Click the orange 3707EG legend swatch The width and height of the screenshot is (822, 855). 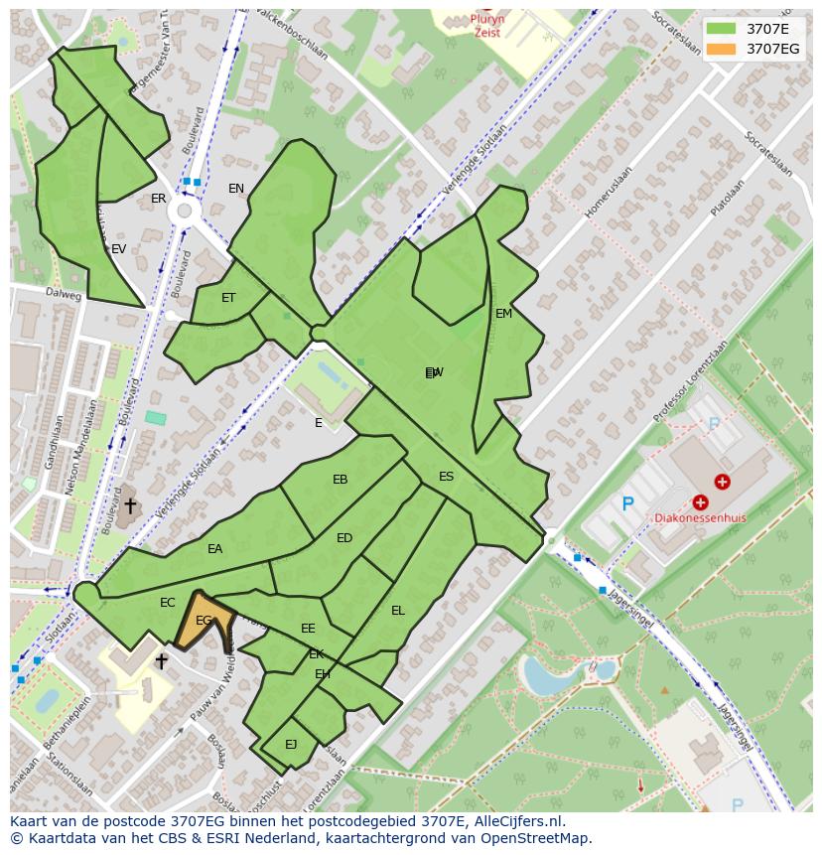pos(722,50)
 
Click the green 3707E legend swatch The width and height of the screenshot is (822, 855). pos(722,30)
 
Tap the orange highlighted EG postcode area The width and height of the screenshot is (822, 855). pos(205,623)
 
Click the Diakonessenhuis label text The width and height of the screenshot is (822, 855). pos(699,518)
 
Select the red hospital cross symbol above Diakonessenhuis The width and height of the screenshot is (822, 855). pos(701,502)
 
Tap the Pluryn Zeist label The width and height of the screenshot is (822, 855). pos(486,25)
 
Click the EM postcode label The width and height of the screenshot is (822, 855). pos(503,314)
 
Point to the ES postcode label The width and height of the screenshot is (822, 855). pos(446,477)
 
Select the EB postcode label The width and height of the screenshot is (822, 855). pos(340,480)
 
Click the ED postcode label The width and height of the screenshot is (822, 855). pos(343,538)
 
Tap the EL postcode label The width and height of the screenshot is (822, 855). pos(397,611)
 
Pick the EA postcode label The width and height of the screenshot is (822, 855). pos(214,549)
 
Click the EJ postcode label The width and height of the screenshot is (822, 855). pos(291,744)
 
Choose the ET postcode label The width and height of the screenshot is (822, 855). pos(228,298)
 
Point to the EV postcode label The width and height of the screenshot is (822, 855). pos(118,249)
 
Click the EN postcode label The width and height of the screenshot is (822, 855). pos(235,189)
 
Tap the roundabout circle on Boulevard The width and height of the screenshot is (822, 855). pos(183,211)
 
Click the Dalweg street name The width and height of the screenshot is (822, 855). pos(63,294)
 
